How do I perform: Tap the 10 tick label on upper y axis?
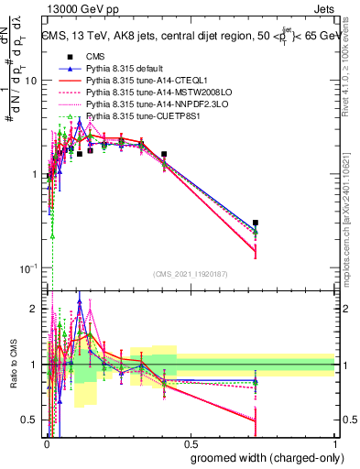point(29,81)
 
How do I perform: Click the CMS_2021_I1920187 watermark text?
point(190,274)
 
